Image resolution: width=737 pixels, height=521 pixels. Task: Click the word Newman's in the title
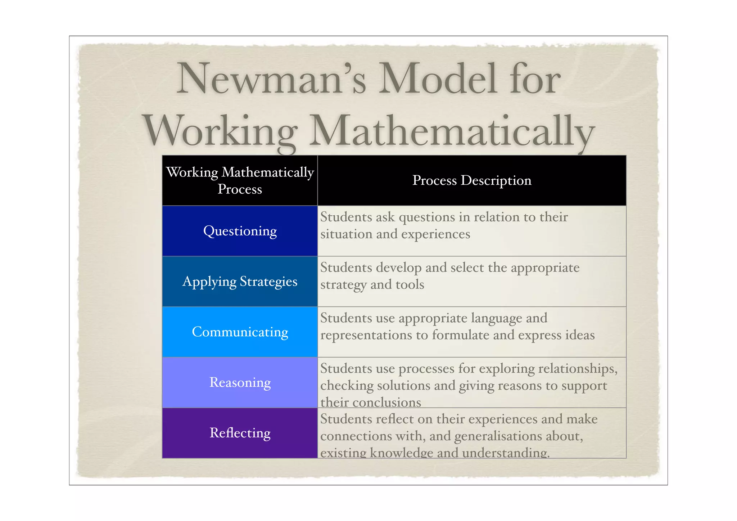[x=271, y=79]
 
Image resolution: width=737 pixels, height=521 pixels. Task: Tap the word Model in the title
[x=438, y=79]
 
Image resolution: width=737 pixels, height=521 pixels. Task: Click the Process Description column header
[x=472, y=180]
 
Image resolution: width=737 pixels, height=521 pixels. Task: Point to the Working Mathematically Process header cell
[x=240, y=180]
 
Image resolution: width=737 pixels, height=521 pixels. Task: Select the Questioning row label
[x=240, y=231]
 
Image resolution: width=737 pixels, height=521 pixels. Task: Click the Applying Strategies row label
[x=240, y=281]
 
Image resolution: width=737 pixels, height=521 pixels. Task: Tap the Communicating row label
[x=240, y=332]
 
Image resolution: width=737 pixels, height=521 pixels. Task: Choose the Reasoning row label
[x=240, y=382]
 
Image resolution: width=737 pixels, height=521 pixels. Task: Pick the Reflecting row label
[x=240, y=432]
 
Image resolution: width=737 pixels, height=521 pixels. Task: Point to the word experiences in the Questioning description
[x=435, y=234]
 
